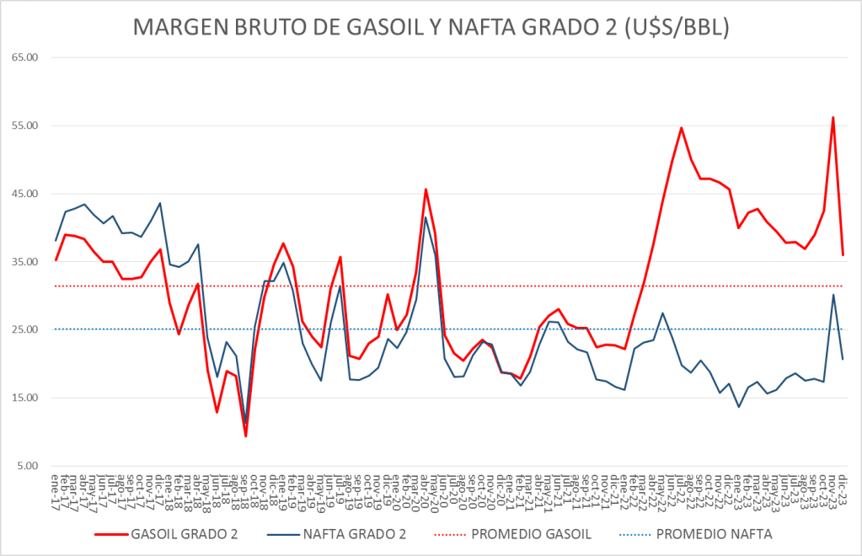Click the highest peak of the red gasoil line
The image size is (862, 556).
coord(833,117)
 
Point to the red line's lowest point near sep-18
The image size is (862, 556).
coord(245,436)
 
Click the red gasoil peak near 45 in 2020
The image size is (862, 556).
coord(426,189)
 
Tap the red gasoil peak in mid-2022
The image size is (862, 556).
coord(681,128)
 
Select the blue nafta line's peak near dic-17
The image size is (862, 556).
coord(160,203)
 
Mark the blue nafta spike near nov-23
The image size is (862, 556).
coord(833,294)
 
